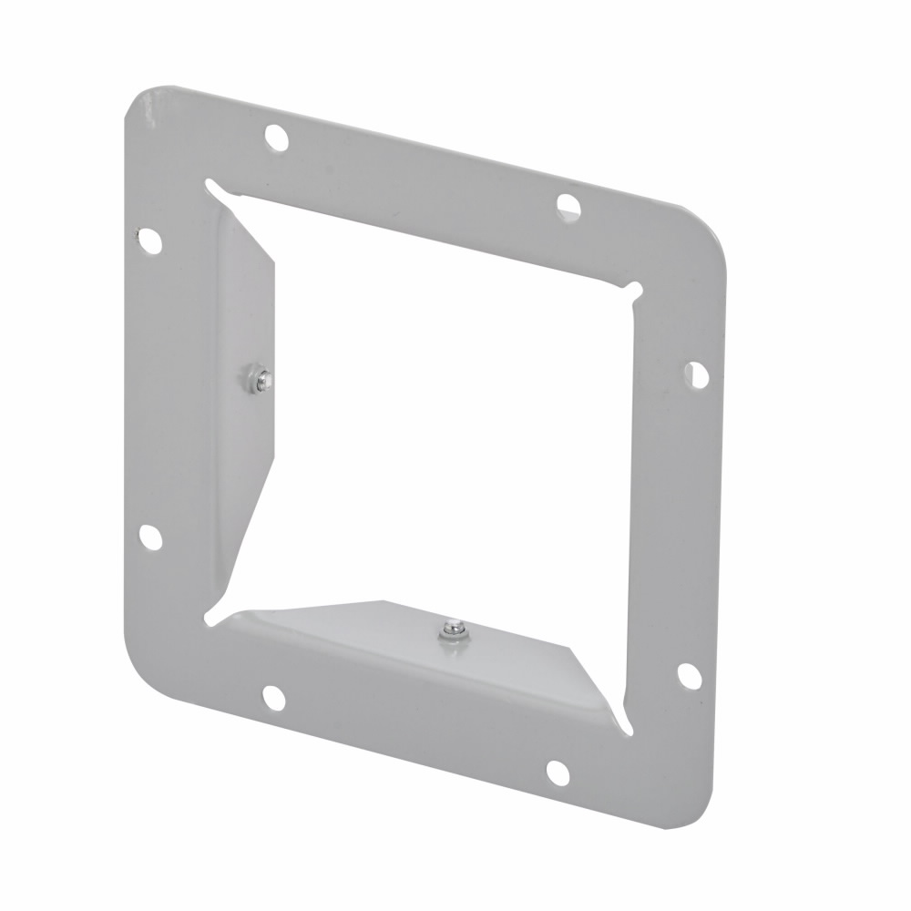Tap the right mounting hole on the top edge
[568, 206]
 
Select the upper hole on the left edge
[149, 241]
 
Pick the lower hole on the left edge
[150, 537]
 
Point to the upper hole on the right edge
[696, 374]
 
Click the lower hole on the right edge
[690, 676]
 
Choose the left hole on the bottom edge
[273, 698]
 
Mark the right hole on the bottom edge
[558, 773]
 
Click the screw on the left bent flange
[258, 376]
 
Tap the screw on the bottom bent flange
[451, 630]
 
